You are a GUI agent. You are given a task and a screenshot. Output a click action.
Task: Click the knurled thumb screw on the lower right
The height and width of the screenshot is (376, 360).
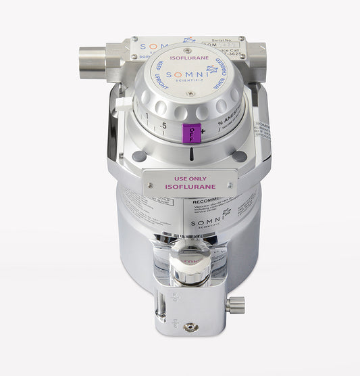[x=236, y=305]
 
